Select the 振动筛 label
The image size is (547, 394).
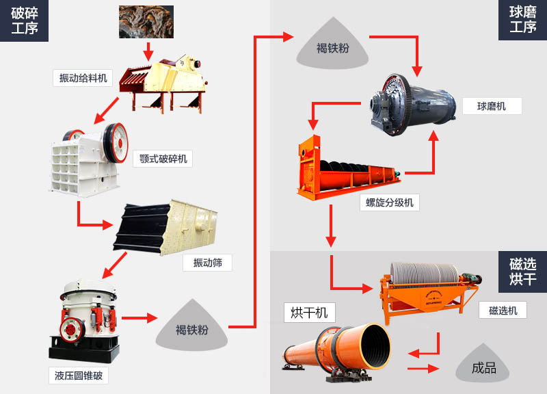point(207,263)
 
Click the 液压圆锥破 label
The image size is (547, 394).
point(78,376)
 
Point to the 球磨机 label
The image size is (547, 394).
point(492,106)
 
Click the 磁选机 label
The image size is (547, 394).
point(503,310)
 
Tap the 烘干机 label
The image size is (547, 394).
point(309,313)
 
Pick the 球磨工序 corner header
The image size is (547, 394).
point(522,20)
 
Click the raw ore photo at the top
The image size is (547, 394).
point(146,21)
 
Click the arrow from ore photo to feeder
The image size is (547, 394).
point(148,51)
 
